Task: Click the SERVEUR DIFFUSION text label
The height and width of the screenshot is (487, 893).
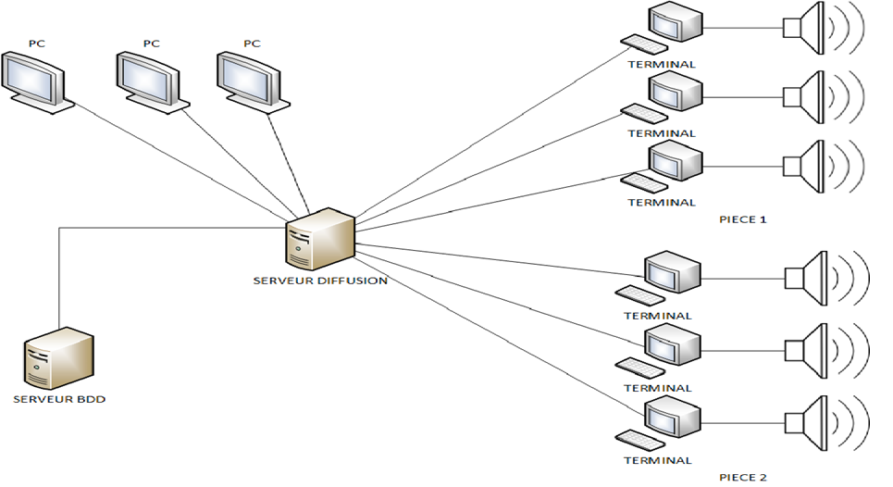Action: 320,281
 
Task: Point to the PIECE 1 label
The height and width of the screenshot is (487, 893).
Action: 743,219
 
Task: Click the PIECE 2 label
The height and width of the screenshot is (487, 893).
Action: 743,478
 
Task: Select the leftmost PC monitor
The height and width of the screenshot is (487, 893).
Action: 33,80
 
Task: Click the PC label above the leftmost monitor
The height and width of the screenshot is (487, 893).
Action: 35,43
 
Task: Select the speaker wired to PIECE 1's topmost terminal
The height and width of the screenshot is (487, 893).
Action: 805,27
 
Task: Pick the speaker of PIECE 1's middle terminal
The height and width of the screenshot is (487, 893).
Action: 805,95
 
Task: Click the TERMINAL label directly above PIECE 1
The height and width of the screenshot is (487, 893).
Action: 661,202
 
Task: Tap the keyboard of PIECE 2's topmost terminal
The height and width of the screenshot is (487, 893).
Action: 639,295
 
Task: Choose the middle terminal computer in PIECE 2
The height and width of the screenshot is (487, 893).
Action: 672,343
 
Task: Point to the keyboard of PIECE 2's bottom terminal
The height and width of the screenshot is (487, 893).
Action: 638,438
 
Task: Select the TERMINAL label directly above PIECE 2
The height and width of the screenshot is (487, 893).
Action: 658,460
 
